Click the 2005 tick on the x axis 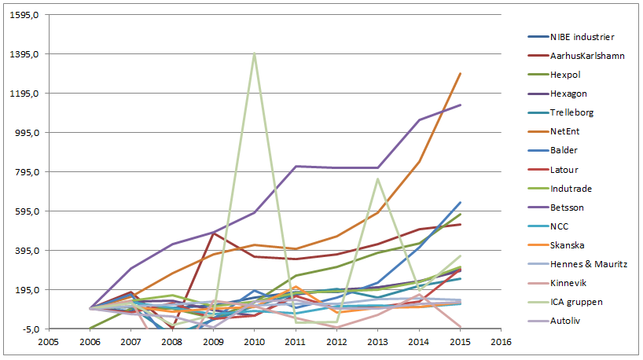(48, 343)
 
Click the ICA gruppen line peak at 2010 (254, 53)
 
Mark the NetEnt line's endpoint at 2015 (460, 73)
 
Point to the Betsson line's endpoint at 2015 (460, 105)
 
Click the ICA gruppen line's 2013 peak (378, 178)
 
